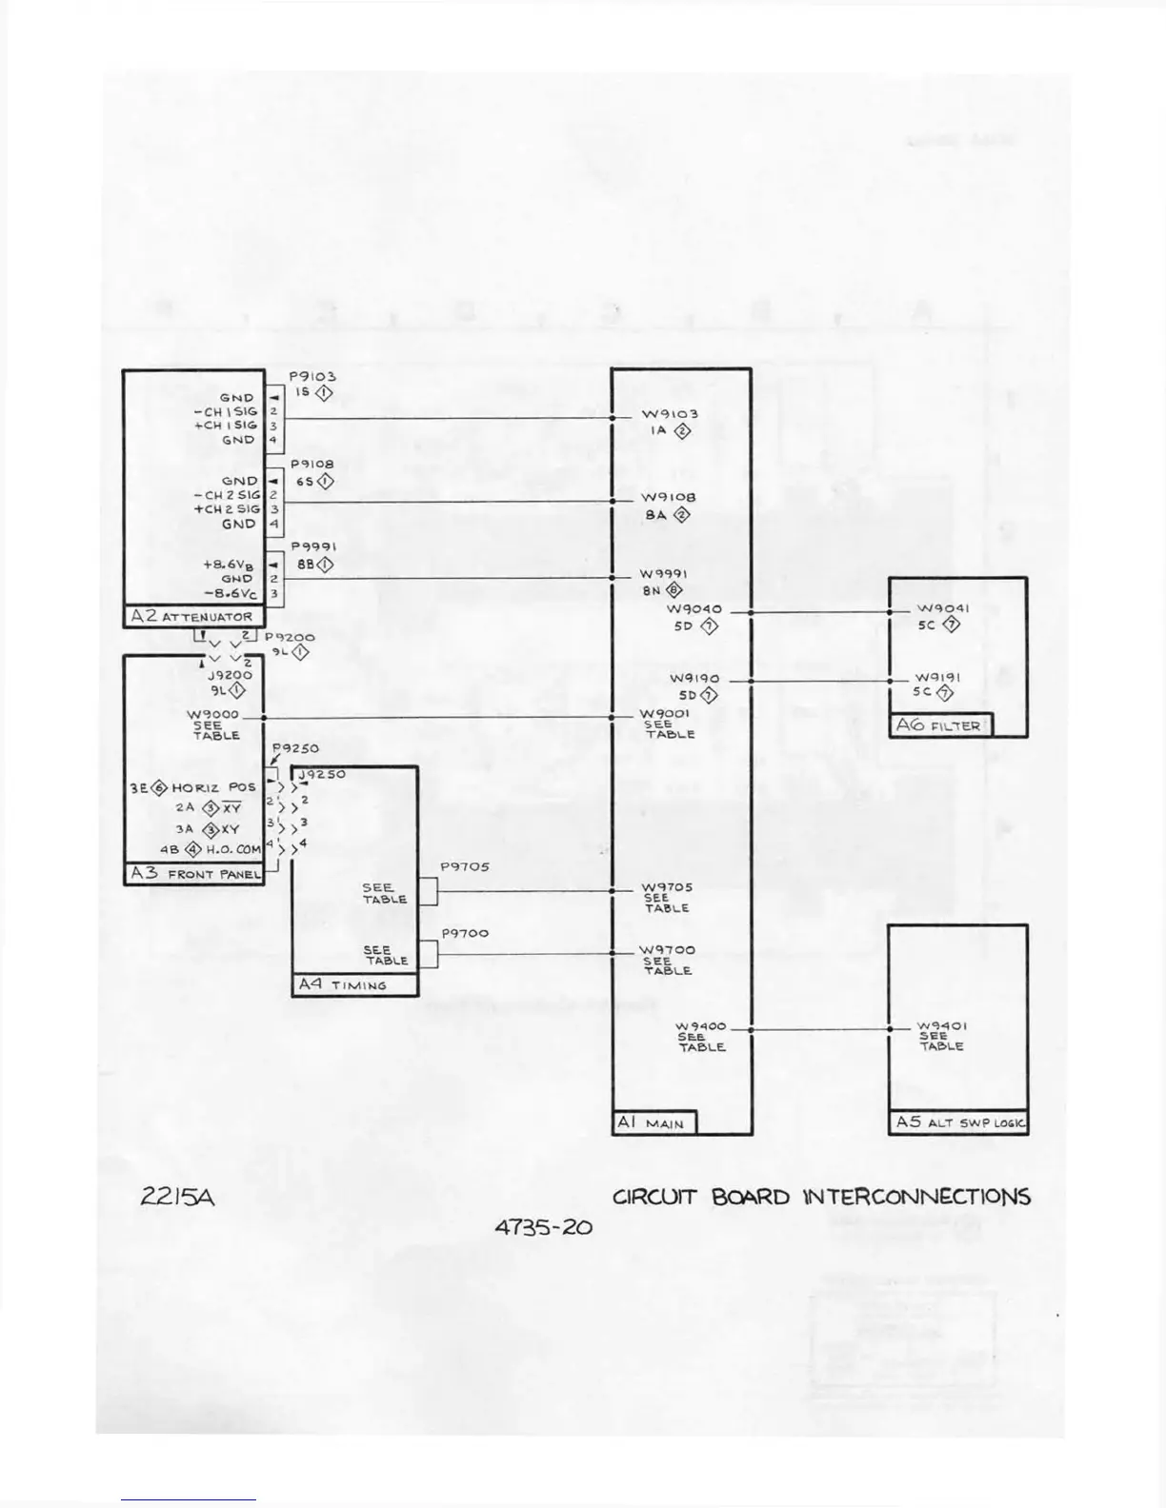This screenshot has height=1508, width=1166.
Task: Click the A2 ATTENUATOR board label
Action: pos(192,616)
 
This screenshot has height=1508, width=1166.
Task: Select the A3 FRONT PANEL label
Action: pos(195,873)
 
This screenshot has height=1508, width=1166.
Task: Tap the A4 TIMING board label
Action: pos(343,984)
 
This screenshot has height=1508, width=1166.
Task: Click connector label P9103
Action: pos(312,377)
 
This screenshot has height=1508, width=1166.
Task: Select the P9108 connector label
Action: pos(312,465)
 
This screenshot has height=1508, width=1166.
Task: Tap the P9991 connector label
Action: pos(313,547)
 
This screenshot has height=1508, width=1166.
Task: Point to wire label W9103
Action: pos(670,414)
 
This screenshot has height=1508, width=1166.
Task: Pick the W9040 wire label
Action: pos(694,609)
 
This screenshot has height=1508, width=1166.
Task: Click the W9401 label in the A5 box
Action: pos(942,1026)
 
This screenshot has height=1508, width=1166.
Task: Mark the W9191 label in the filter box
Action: pos(938,677)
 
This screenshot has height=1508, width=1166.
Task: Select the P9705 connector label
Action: pos(465,867)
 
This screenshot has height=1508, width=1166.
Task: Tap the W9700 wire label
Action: pos(667,950)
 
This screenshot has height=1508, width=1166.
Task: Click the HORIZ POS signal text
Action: pos(214,787)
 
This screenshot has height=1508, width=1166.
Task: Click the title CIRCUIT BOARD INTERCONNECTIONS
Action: pos(821,1197)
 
